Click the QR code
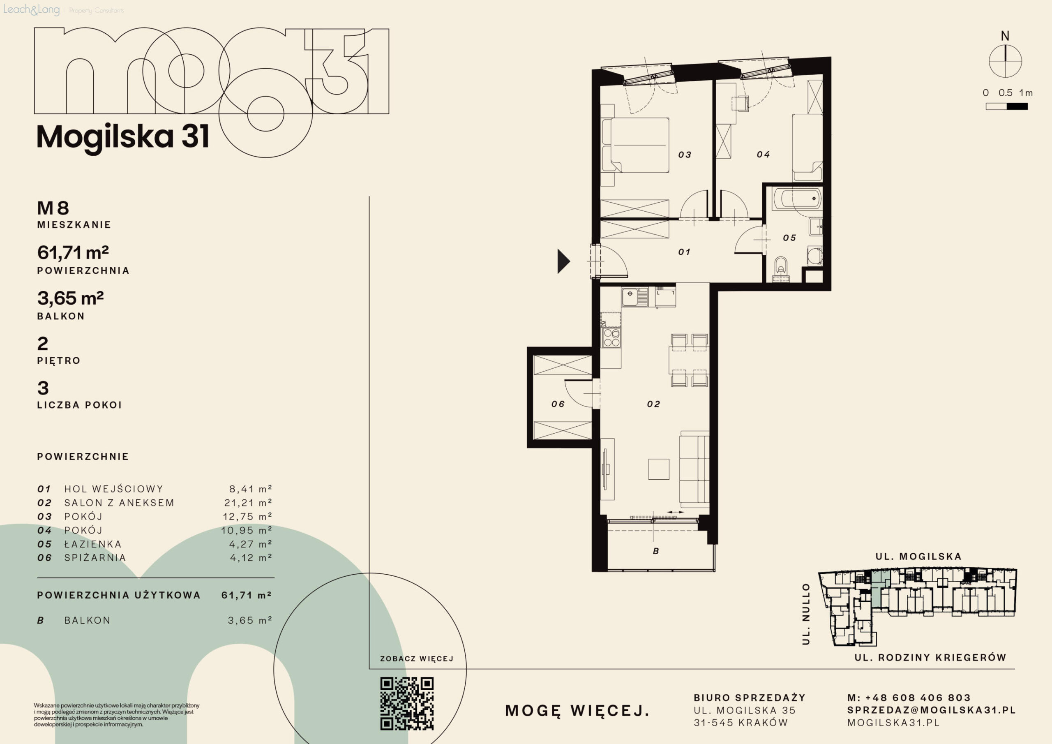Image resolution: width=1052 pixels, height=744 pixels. [x=407, y=703]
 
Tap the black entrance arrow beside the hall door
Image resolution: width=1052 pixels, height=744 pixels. [x=563, y=261]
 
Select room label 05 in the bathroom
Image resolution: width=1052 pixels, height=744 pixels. [x=789, y=238]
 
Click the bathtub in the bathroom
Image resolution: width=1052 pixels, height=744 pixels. [x=797, y=199]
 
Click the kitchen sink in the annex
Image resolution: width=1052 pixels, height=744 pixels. [x=634, y=297]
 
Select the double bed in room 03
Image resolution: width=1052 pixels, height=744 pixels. [x=635, y=146]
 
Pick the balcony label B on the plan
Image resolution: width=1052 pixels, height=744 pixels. [x=656, y=551]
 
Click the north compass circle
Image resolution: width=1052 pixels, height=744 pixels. [x=1005, y=61]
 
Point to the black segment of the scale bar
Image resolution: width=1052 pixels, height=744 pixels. [x=1017, y=106]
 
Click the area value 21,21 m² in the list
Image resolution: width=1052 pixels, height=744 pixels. [x=248, y=502]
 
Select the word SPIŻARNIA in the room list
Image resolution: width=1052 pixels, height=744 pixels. [x=95, y=557]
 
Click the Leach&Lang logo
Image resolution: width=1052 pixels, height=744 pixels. [x=31, y=9]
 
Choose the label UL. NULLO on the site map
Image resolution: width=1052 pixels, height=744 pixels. [x=806, y=614]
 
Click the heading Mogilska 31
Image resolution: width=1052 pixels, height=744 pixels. [x=123, y=136]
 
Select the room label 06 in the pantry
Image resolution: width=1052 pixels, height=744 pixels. [x=558, y=404]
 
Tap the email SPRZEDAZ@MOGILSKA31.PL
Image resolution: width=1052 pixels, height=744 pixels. [x=932, y=710]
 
